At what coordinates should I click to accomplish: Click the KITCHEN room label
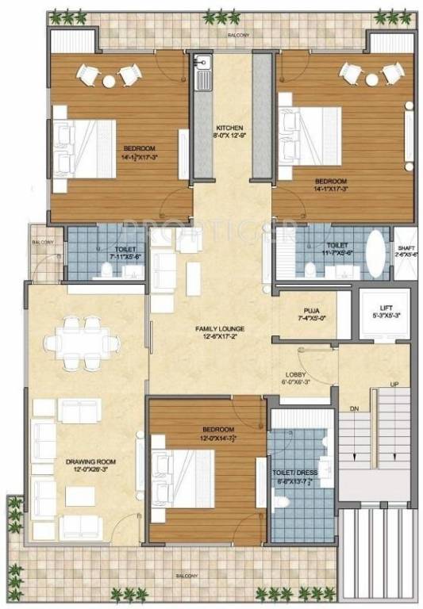coord(230,128)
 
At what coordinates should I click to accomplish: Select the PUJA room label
coord(311,311)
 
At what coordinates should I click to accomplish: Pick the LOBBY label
coord(297,374)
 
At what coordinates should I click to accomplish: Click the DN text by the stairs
coord(355,409)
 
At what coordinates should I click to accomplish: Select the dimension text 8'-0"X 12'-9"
coord(230,136)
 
